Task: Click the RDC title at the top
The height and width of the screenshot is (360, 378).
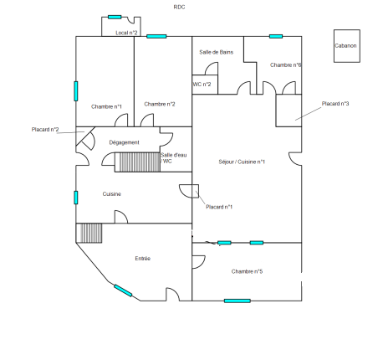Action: point(179,8)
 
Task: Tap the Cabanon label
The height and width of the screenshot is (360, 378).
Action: point(345,46)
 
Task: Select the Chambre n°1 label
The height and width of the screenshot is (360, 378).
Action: point(106,106)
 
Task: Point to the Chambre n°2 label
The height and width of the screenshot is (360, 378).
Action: point(160,104)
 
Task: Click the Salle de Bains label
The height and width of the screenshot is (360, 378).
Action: point(217,52)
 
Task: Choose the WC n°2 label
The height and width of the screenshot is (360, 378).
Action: point(202,85)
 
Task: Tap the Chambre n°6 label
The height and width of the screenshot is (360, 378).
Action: point(286,65)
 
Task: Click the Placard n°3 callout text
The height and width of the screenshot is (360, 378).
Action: point(335,104)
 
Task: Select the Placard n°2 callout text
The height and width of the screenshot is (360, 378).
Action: point(45,130)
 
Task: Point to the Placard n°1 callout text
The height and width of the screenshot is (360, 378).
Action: point(219,207)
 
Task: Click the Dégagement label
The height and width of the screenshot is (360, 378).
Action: point(124,142)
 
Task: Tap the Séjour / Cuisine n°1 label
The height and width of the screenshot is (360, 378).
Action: point(242,162)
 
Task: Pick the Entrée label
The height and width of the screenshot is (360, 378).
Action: point(143,259)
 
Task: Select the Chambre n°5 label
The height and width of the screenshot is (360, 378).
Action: point(247,271)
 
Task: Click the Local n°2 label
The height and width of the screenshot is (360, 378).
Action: point(126,33)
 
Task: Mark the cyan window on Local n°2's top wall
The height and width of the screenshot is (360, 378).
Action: point(115,17)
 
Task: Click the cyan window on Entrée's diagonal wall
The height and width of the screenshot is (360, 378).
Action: point(123,291)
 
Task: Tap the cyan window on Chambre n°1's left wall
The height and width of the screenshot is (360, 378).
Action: point(76,91)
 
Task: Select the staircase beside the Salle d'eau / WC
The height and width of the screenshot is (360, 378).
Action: point(137,162)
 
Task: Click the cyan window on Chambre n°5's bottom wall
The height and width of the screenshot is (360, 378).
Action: point(238,301)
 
